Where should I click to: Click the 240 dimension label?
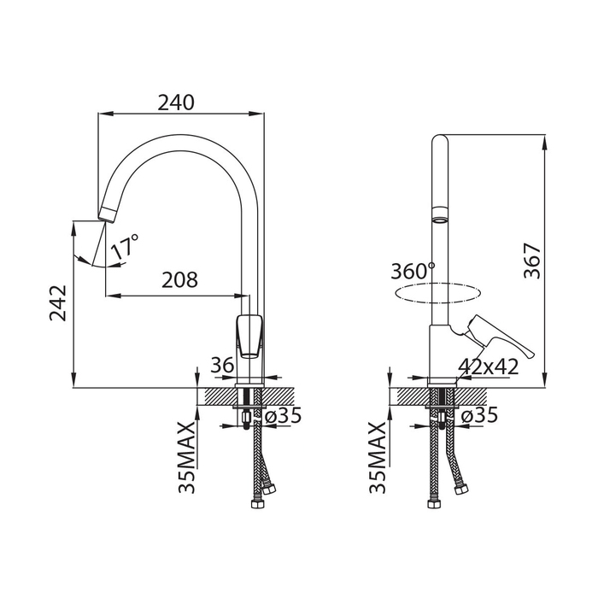(x=176, y=103)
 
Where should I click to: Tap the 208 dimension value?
(x=179, y=280)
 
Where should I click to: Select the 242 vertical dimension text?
(x=58, y=302)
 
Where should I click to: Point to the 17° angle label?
(x=125, y=247)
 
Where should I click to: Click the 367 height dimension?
(x=532, y=261)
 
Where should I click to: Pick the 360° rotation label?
(x=413, y=271)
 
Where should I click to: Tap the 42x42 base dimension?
(x=488, y=366)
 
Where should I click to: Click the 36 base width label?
(x=222, y=365)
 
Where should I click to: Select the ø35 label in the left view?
(x=283, y=415)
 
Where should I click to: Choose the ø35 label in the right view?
(x=479, y=415)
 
